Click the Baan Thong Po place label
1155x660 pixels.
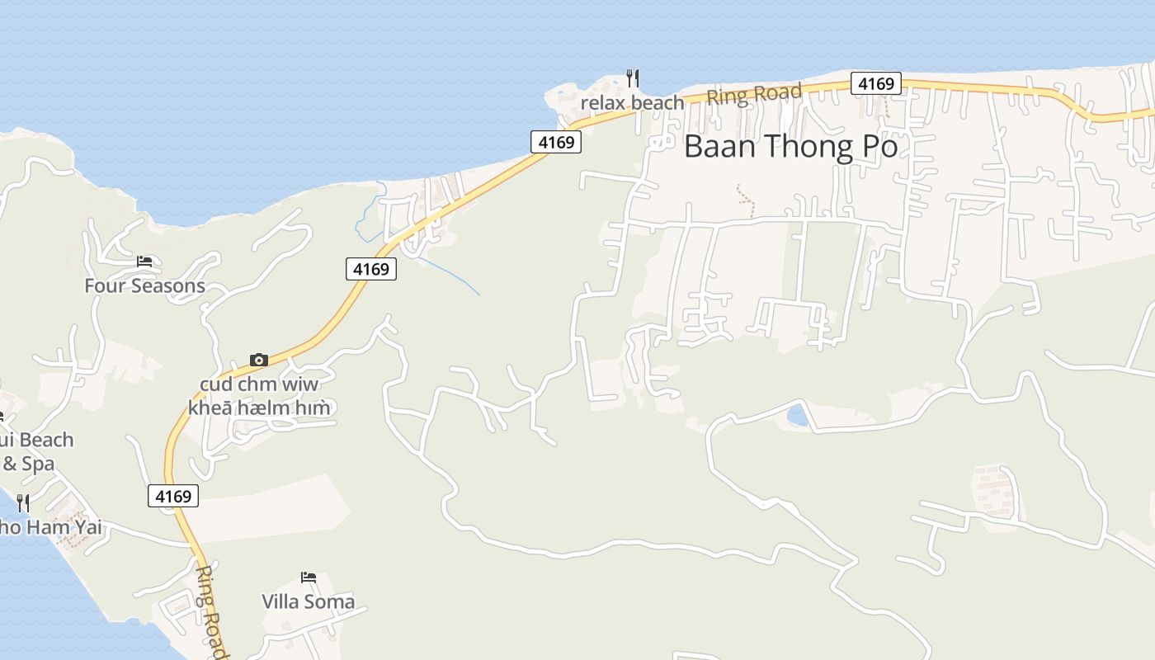790,147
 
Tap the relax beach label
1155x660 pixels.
632,103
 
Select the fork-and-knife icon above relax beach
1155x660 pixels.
632,78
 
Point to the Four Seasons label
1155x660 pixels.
144,286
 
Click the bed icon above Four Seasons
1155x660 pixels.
144,262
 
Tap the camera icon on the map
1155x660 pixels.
259,360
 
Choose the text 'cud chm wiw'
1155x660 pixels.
259,385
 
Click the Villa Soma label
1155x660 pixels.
308,601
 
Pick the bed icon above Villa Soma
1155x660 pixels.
308,577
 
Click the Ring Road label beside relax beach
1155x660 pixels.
754,94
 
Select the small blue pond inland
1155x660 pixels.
797,415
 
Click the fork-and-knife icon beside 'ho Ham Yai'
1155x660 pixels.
23,502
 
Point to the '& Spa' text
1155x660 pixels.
28,464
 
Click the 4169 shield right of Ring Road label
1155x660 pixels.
875,83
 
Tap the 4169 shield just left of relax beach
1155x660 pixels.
555,142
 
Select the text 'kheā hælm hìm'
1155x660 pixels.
259,408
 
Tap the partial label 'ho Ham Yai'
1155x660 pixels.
51,526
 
